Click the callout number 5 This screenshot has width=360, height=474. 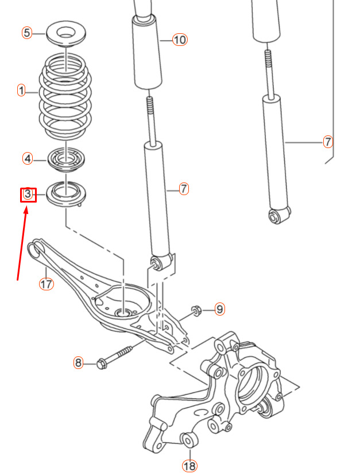(x=27, y=33)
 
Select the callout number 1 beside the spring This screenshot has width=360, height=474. (x=21, y=91)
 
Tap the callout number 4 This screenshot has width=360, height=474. (x=28, y=158)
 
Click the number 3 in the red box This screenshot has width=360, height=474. (x=28, y=194)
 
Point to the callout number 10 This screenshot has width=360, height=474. (x=180, y=40)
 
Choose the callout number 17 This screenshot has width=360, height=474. (x=47, y=284)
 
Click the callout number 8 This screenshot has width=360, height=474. (x=78, y=362)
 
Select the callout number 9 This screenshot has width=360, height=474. (x=220, y=309)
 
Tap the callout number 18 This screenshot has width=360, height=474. (x=189, y=466)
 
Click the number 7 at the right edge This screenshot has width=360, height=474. (x=328, y=142)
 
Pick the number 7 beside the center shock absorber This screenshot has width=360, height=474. (x=184, y=189)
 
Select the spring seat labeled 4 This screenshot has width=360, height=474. (x=66, y=160)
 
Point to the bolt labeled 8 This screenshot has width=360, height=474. (x=114, y=358)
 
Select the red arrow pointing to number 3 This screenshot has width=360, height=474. (x=22, y=243)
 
